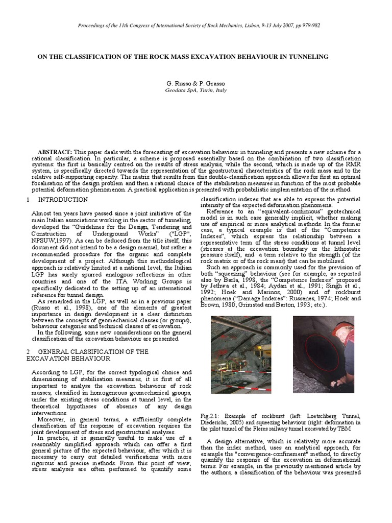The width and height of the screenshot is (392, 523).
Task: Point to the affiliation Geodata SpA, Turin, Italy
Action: point(195,90)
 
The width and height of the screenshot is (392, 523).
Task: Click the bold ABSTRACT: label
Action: point(55,152)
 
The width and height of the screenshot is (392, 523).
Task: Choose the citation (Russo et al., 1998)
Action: point(58,308)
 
